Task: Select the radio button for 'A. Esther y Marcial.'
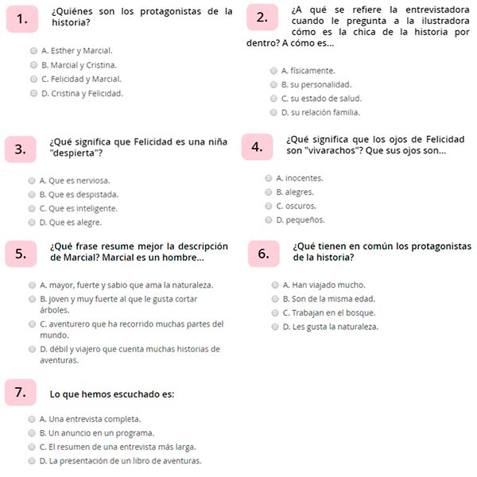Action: click(x=33, y=50)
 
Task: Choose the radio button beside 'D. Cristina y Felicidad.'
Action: click(x=33, y=93)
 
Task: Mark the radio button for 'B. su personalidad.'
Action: click(x=273, y=84)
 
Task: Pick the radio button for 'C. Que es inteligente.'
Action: click(x=31, y=208)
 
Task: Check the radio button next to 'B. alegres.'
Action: click(x=269, y=192)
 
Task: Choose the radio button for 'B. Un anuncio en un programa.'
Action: click(x=32, y=432)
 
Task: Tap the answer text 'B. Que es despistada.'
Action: click(x=79, y=194)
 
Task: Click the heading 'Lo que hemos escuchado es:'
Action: click(x=111, y=394)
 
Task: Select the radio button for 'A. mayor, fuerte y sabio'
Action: click(x=31, y=285)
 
